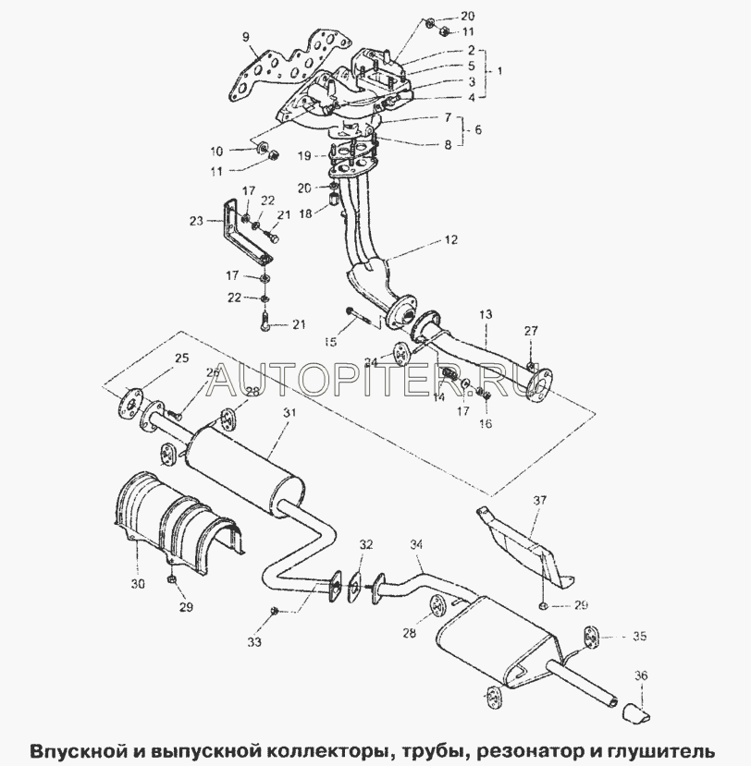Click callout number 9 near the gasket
(x=246, y=37)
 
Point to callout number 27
(x=530, y=331)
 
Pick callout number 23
(x=195, y=221)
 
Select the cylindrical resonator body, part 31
(x=245, y=463)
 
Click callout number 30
(x=139, y=584)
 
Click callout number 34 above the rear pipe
(x=415, y=545)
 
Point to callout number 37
(x=541, y=500)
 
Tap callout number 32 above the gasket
(x=366, y=545)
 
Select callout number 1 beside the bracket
(x=500, y=70)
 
